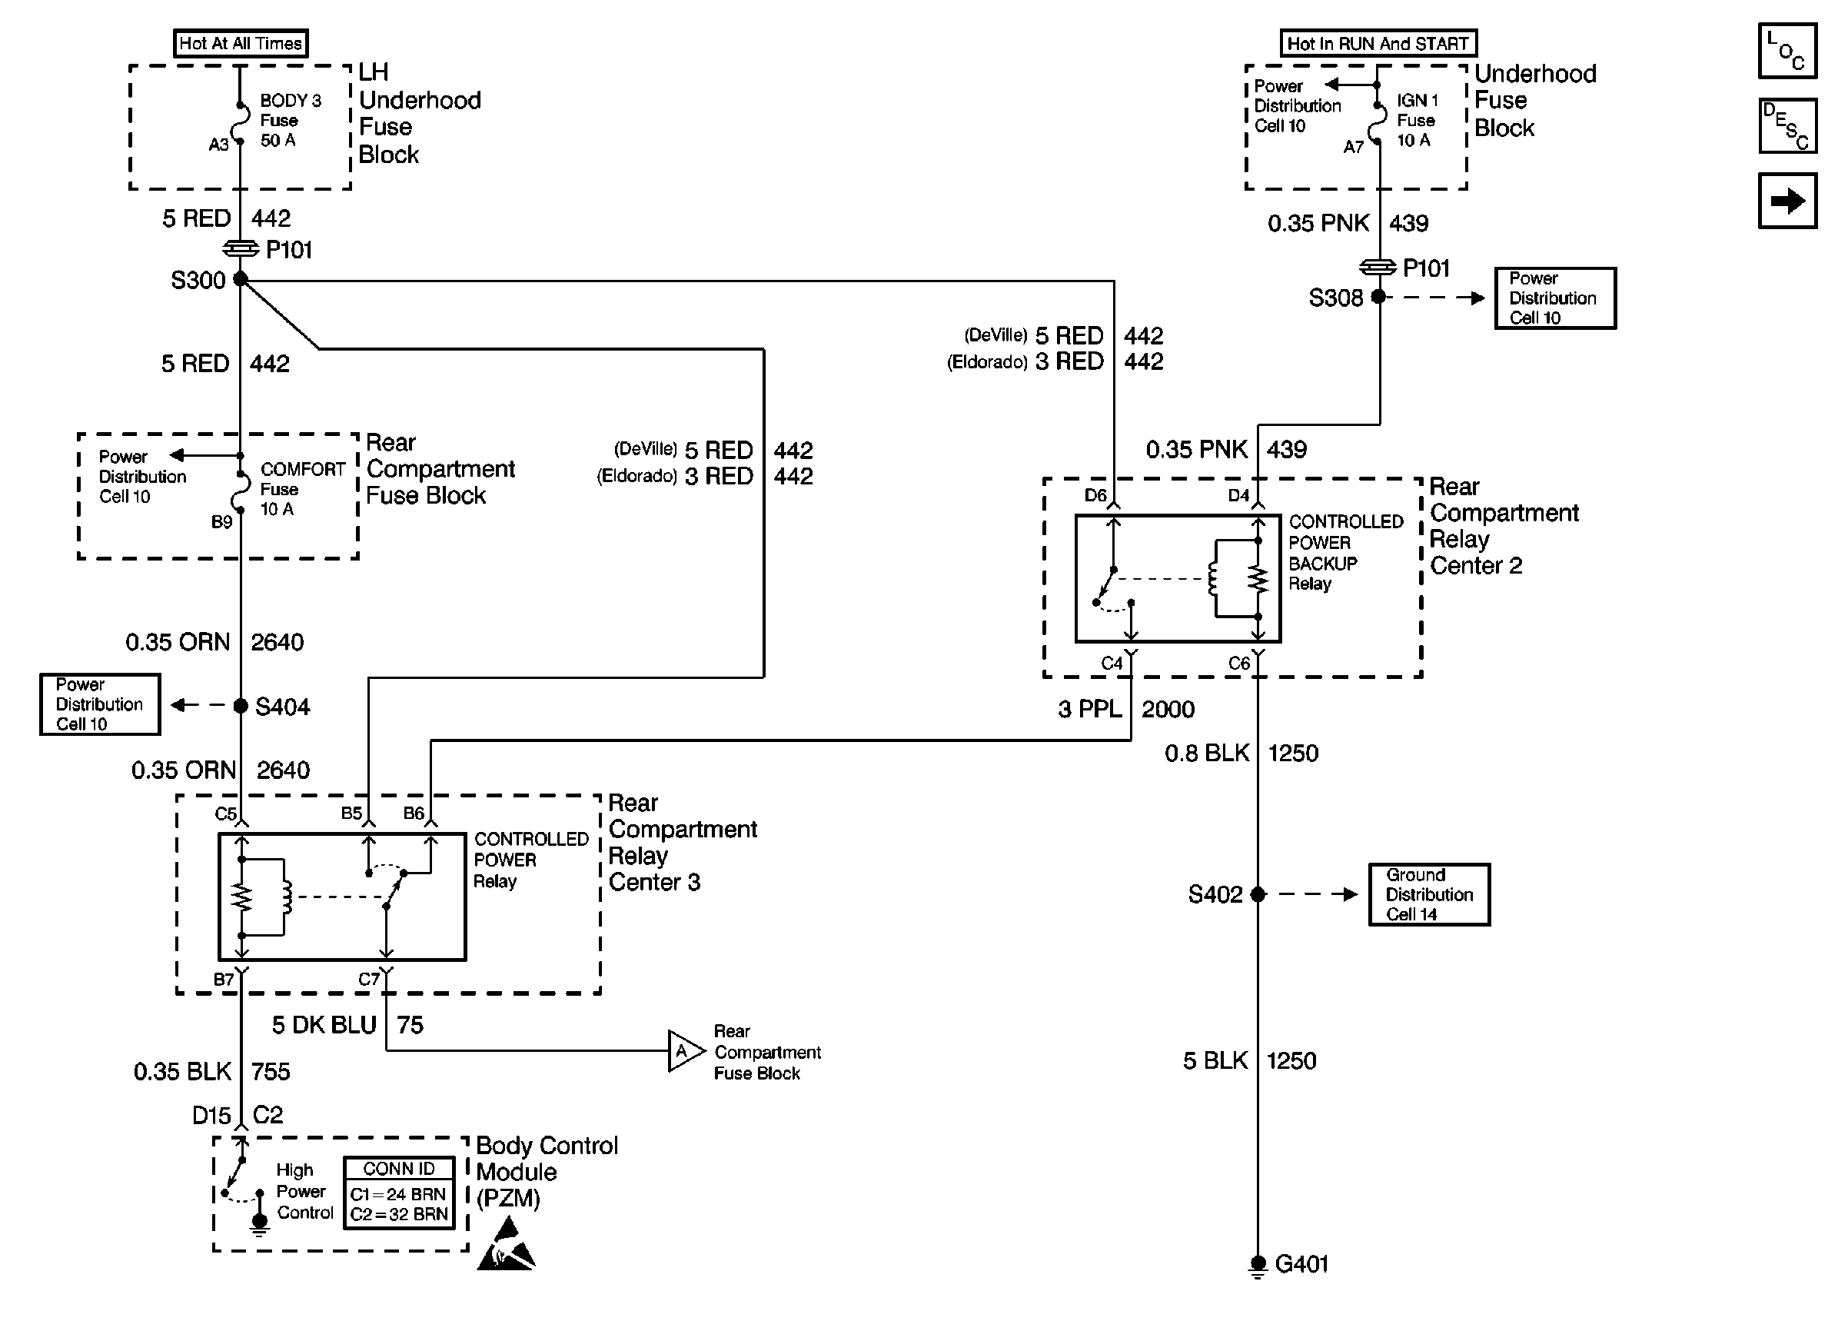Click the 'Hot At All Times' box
click(240, 43)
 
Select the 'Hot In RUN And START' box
click(1378, 43)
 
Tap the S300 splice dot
click(241, 279)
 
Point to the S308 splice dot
click(1378, 297)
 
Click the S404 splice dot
click(241, 705)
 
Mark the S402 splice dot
click(1258, 894)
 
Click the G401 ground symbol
click(1258, 1265)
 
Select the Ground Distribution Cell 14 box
click(1428, 894)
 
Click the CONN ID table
click(398, 1193)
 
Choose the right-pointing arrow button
click(1787, 201)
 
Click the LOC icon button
click(1787, 51)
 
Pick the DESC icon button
click(1787, 126)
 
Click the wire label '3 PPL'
click(1089, 709)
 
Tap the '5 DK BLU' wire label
click(324, 1025)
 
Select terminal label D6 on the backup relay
click(1095, 495)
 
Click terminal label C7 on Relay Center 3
click(368, 980)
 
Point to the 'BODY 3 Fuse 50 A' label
click(290, 121)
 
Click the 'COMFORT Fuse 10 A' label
click(301, 489)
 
